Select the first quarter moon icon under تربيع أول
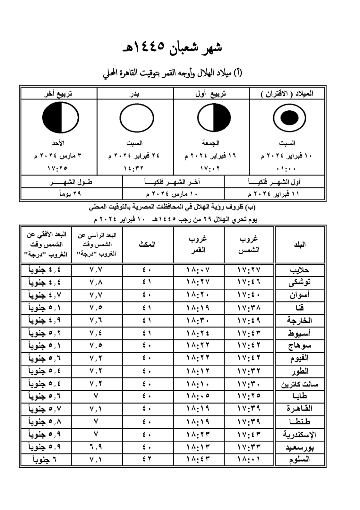[x=214, y=117]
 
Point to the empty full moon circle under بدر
[x=136, y=117]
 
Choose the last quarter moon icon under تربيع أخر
[x=60, y=117]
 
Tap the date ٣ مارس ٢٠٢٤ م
[x=58, y=156]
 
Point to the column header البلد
[x=299, y=244]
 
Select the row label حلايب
[x=299, y=270]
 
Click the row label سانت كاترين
[x=299, y=384]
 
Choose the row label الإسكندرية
[x=299, y=434]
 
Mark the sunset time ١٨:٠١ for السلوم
[x=249, y=459]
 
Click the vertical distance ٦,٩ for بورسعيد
[x=96, y=447]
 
